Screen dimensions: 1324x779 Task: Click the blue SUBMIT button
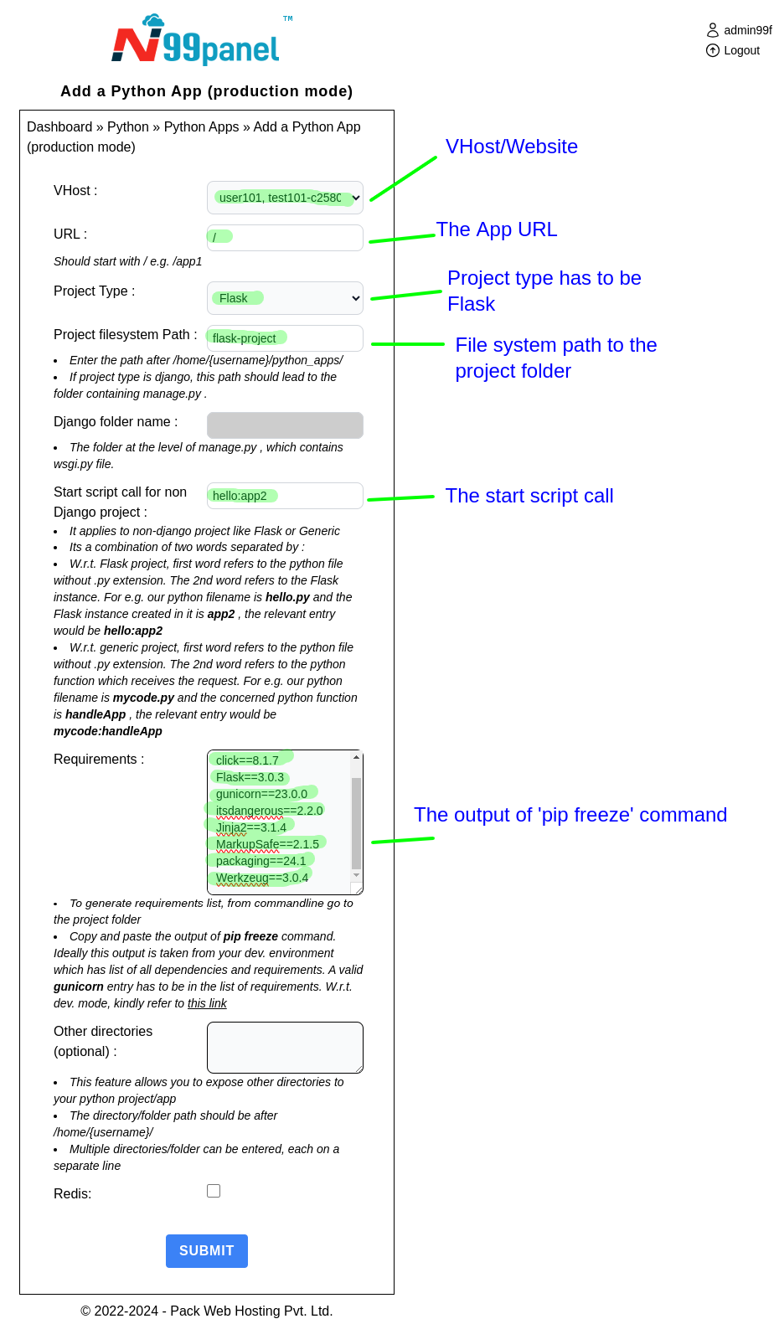tap(206, 1250)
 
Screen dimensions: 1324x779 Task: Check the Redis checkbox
tap(214, 1191)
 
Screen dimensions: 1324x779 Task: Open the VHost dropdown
tap(285, 198)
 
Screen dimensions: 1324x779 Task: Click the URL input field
tap(285, 238)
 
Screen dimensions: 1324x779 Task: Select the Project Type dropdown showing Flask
tap(285, 298)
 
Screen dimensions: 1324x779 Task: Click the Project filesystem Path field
tap(285, 338)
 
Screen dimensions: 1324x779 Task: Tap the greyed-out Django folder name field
tap(285, 425)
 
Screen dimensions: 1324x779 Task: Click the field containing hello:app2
tap(285, 496)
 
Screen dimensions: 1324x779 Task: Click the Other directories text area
tap(285, 1047)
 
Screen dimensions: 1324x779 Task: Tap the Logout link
tap(741, 50)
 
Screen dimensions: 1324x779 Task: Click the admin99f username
tap(747, 30)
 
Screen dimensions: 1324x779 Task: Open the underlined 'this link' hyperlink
tap(207, 1003)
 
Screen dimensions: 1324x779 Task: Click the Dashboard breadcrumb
tap(59, 126)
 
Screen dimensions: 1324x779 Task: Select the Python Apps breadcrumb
tap(201, 126)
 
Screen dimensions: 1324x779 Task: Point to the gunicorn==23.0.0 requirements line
tap(261, 794)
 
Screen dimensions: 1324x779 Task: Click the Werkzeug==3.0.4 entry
tap(261, 878)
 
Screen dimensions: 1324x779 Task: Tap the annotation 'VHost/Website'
tap(511, 147)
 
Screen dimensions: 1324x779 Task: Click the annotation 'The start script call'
tap(529, 496)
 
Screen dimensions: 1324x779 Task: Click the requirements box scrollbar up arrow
tap(356, 757)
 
